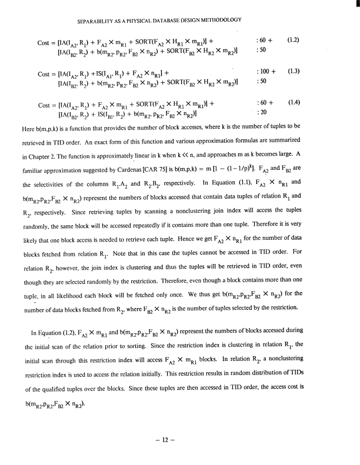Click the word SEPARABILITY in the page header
click(x=96, y=20)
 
